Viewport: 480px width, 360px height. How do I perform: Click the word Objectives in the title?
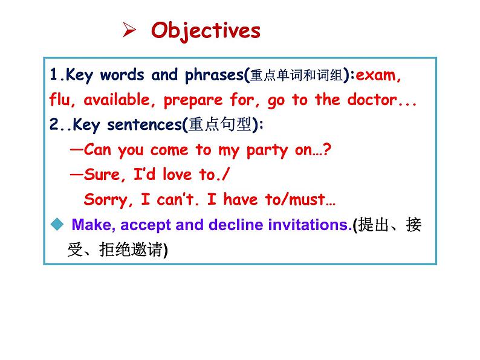(206, 30)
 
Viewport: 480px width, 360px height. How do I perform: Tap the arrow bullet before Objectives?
(128, 30)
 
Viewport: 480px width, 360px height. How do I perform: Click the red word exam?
(378, 76)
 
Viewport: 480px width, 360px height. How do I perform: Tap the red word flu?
(62, 100)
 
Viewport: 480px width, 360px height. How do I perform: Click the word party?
(270, 150)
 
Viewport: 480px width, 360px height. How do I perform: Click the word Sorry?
(103, 199)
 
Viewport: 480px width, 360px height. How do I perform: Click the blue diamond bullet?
(57, 225)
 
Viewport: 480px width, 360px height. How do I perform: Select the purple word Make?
(92, 225)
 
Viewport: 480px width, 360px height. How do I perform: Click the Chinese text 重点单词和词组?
(295, 76)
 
